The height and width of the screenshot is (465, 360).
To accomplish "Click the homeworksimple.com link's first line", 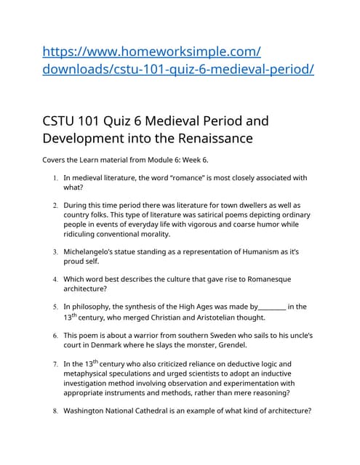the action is (x=152, y=52).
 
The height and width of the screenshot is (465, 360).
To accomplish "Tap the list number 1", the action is (x=55, y=178).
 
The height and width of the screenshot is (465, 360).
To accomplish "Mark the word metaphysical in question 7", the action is (x=90, y=373).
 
